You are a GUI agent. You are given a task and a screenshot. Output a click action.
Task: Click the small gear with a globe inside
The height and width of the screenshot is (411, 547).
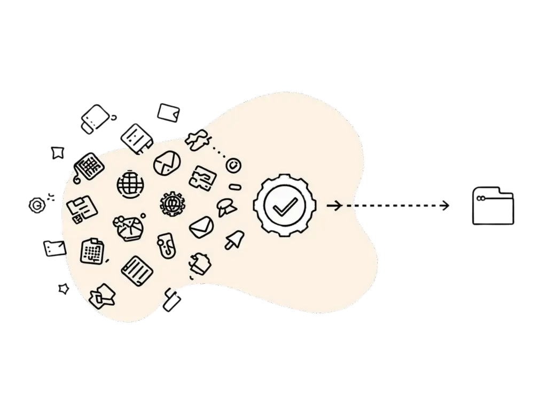pos(171,204)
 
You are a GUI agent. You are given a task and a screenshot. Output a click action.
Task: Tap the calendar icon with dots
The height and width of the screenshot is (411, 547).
pos(91,250)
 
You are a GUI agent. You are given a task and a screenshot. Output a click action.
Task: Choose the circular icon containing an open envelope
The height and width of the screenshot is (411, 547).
pos(165,162)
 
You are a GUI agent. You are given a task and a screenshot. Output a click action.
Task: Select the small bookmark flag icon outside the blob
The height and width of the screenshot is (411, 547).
pos(57,153)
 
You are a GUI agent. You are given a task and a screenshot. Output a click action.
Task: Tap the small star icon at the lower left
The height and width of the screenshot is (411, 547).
pos(63,289)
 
